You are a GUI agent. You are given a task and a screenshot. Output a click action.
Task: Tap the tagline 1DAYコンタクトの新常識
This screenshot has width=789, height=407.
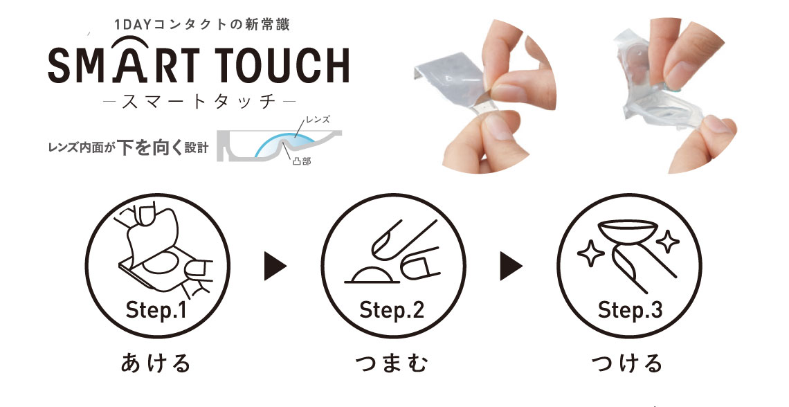point(202,24)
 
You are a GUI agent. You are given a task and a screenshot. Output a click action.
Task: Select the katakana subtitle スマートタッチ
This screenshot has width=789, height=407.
point(199,101)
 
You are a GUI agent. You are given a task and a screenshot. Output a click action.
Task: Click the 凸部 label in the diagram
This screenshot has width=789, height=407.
point(301,162)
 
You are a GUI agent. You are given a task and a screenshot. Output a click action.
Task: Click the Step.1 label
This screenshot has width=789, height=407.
point(156,310)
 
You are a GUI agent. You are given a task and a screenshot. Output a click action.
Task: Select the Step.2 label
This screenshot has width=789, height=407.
point(392,310)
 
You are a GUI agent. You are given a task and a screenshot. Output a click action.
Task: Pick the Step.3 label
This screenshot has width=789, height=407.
point(630,310)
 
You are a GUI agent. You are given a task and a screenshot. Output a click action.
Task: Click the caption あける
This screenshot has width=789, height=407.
point(156,363)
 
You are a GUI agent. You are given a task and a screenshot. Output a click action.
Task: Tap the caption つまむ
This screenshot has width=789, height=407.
point(392,363)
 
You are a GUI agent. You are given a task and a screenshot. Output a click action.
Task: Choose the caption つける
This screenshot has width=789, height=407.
point(627,363)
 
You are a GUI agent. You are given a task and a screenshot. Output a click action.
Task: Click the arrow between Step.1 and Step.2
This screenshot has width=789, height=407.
point(275,266)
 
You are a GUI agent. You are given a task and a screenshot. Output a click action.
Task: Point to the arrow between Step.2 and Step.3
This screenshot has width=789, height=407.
point(511,266)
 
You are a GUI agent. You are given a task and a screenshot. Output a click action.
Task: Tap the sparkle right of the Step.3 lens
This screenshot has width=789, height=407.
point(668,242)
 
